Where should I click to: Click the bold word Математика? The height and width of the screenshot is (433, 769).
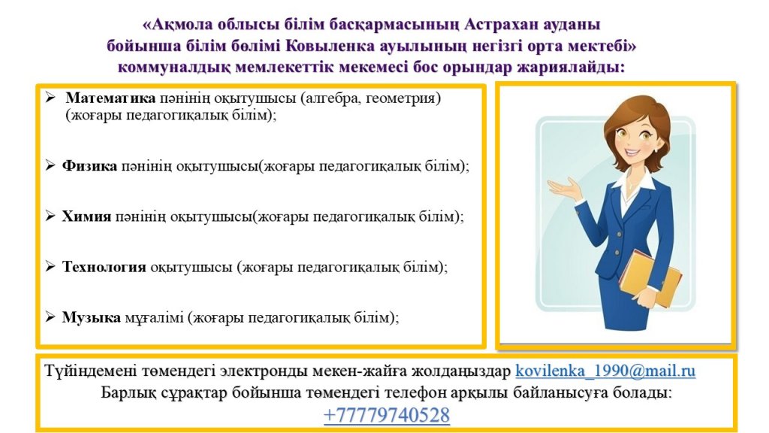(x=110, y=98)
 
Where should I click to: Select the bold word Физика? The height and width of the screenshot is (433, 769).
(x=89, y=166)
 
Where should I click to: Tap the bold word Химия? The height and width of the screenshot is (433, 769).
(x=86, y=216)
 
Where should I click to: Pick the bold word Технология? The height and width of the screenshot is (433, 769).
(x=104, y=267)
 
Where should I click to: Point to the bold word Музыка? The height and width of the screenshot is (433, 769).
(x=91, y=318)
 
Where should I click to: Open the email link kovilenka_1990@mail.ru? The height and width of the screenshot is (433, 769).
(x=605, y=371)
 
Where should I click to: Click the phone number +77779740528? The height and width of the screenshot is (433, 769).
(x=387, y=415)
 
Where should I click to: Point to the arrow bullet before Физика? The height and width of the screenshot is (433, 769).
(x=50, y=165)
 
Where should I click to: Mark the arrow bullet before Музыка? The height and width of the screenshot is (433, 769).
(x=50, y=317)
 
